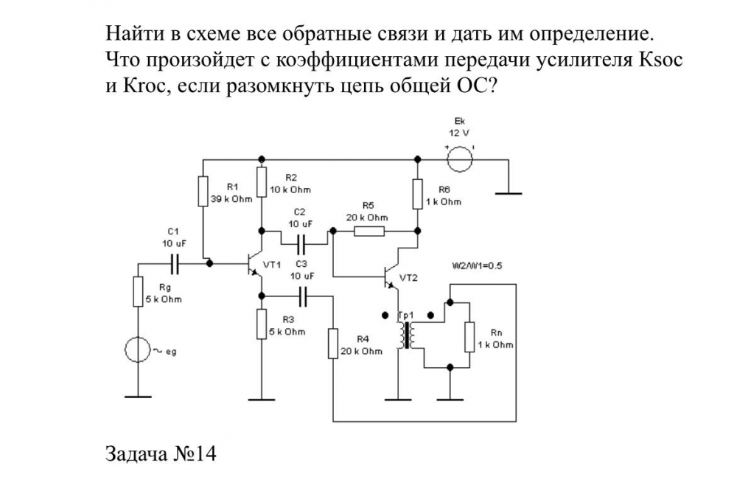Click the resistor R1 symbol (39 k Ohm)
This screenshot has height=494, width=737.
coord(203,190)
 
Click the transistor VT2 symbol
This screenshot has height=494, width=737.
coord(391,276)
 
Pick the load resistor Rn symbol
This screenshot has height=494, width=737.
coord(469,337)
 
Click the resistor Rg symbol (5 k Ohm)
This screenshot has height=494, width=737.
coord(137,292)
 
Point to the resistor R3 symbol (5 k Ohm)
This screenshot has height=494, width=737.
coord(261,325)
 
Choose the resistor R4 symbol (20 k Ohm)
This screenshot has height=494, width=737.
coord(333,344)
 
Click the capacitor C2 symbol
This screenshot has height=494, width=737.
coord(301,240)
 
